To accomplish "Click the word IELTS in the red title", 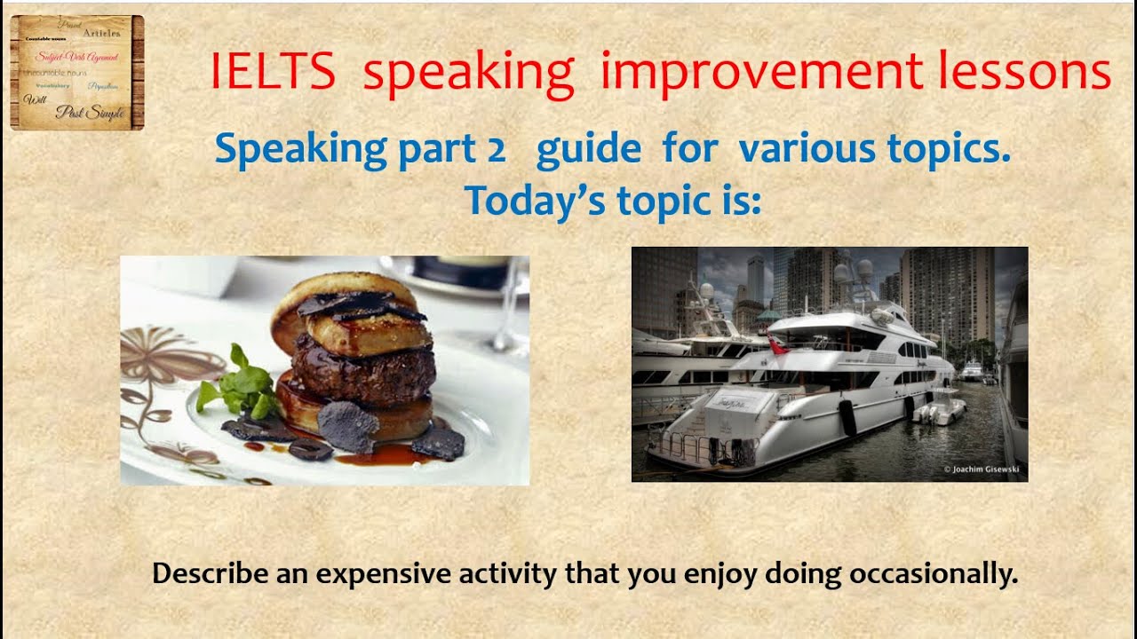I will pyautogui.click(x=274, y=73).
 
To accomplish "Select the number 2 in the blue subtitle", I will pyautogui.click(x=496, y=150).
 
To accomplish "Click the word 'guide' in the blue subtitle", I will pyautogui.click(x=588, y=150).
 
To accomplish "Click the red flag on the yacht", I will pyautogui.click(x=779, y=346).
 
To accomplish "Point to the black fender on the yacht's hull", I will pyautogui.click(x=847, y=417).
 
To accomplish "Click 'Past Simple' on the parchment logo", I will pyautogui.click(x=89, y=113).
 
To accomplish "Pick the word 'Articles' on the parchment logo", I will pyautogui.click(x=100, y=33).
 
